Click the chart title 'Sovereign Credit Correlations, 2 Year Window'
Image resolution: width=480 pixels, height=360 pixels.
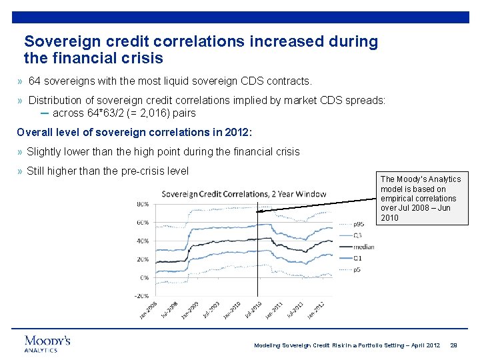[244, 194]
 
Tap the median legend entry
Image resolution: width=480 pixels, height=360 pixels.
[365, 247]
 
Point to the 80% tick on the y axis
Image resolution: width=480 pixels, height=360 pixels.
[142, 203]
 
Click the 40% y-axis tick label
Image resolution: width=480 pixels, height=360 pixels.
[142, 241]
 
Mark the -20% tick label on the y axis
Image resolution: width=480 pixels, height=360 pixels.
[141, 296]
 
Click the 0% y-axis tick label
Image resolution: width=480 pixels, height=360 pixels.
[144, 277]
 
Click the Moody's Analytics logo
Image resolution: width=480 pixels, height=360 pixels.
[47, 343]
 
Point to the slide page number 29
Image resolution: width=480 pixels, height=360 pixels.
[454, 345]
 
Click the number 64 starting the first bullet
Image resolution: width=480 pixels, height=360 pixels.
[35, 81]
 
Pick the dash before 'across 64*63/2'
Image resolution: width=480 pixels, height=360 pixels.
[44, 113]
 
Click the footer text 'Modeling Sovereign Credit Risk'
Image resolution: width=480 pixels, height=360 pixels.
[307, 345]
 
